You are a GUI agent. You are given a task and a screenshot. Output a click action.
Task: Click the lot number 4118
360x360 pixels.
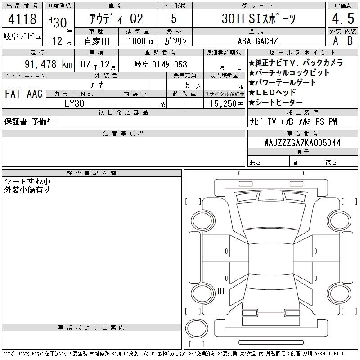[22, 19]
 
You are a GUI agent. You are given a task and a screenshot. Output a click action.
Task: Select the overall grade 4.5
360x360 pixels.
[343, 18]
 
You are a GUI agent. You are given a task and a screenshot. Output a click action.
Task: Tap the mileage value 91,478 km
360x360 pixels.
[49, 64]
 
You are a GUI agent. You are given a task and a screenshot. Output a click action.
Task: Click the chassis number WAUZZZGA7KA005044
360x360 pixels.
[302, 143]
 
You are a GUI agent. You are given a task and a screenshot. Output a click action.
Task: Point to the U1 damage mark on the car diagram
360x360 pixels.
[221, 292]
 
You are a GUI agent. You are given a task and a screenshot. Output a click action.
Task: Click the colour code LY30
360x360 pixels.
[74, 103]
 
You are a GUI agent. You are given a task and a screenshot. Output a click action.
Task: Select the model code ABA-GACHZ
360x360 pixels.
[257, 41]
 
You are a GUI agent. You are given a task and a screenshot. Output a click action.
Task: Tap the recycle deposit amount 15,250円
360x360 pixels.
[226, 104]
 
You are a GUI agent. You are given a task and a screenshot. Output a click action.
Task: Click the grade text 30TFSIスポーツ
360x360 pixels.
[258, 18]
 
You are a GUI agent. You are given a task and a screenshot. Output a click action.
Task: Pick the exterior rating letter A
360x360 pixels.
[336, 41]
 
